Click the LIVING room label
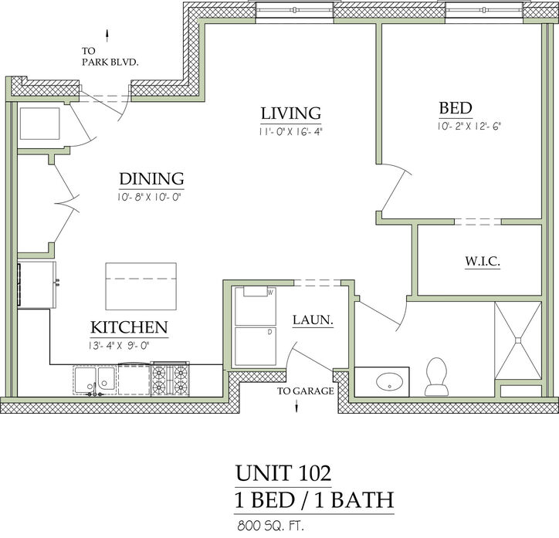(x=291, y=113)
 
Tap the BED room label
(x=456, y=108)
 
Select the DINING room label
(x=151, y=178)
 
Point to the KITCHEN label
(x=129, y=327)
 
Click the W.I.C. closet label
(x=483, y=262)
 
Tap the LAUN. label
(x=313, y=320)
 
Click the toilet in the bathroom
(x=436, y=377)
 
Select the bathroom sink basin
(x=389, y=382)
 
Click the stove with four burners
(x=170, y=379)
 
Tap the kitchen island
(x=141, y=286)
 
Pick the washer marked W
(x=256, y=306)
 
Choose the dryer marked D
(x=256, y=347)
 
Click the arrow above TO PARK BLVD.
(x=107, y=36)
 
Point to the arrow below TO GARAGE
(x=296, y=405)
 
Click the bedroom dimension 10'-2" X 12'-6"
(x=469, y=126)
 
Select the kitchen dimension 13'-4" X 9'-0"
(x=119, y=345)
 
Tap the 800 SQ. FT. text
(x=270, y=525)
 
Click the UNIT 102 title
(x=283, y=473)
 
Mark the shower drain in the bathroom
(x=518, y=340)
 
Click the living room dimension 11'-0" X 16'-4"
(x=290, y=131)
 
